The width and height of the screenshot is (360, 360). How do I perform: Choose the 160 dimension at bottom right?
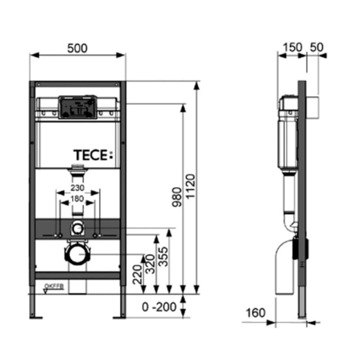tap(256, 312)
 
